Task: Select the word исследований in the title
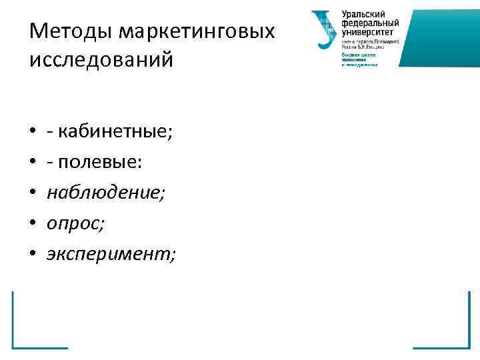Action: tap(101, 59)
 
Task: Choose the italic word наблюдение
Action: tap(103, 192)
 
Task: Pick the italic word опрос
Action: tap(74, 223)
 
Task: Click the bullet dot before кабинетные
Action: tap(32, 133)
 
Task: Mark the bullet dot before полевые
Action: tap(32, 163)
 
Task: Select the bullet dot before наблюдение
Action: tap(32, 193)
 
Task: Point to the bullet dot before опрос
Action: tap(32, 223)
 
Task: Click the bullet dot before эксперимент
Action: tap(32, 253)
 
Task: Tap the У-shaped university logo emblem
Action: tap(325, 29)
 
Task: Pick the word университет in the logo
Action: tap(368, 31)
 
